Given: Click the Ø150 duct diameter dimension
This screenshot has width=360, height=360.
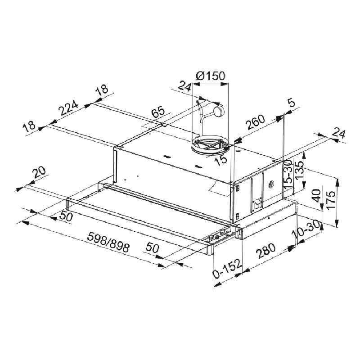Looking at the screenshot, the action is pos(211,76).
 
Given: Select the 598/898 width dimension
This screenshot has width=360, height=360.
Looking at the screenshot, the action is pos(108,242).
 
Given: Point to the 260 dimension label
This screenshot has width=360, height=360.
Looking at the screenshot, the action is pos(255,122).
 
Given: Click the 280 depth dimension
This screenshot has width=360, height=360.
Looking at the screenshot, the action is pos(266,251).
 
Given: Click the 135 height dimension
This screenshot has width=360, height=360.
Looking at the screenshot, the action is pos(299,171).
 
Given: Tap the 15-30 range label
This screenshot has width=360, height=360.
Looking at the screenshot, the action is pos(288,175).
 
